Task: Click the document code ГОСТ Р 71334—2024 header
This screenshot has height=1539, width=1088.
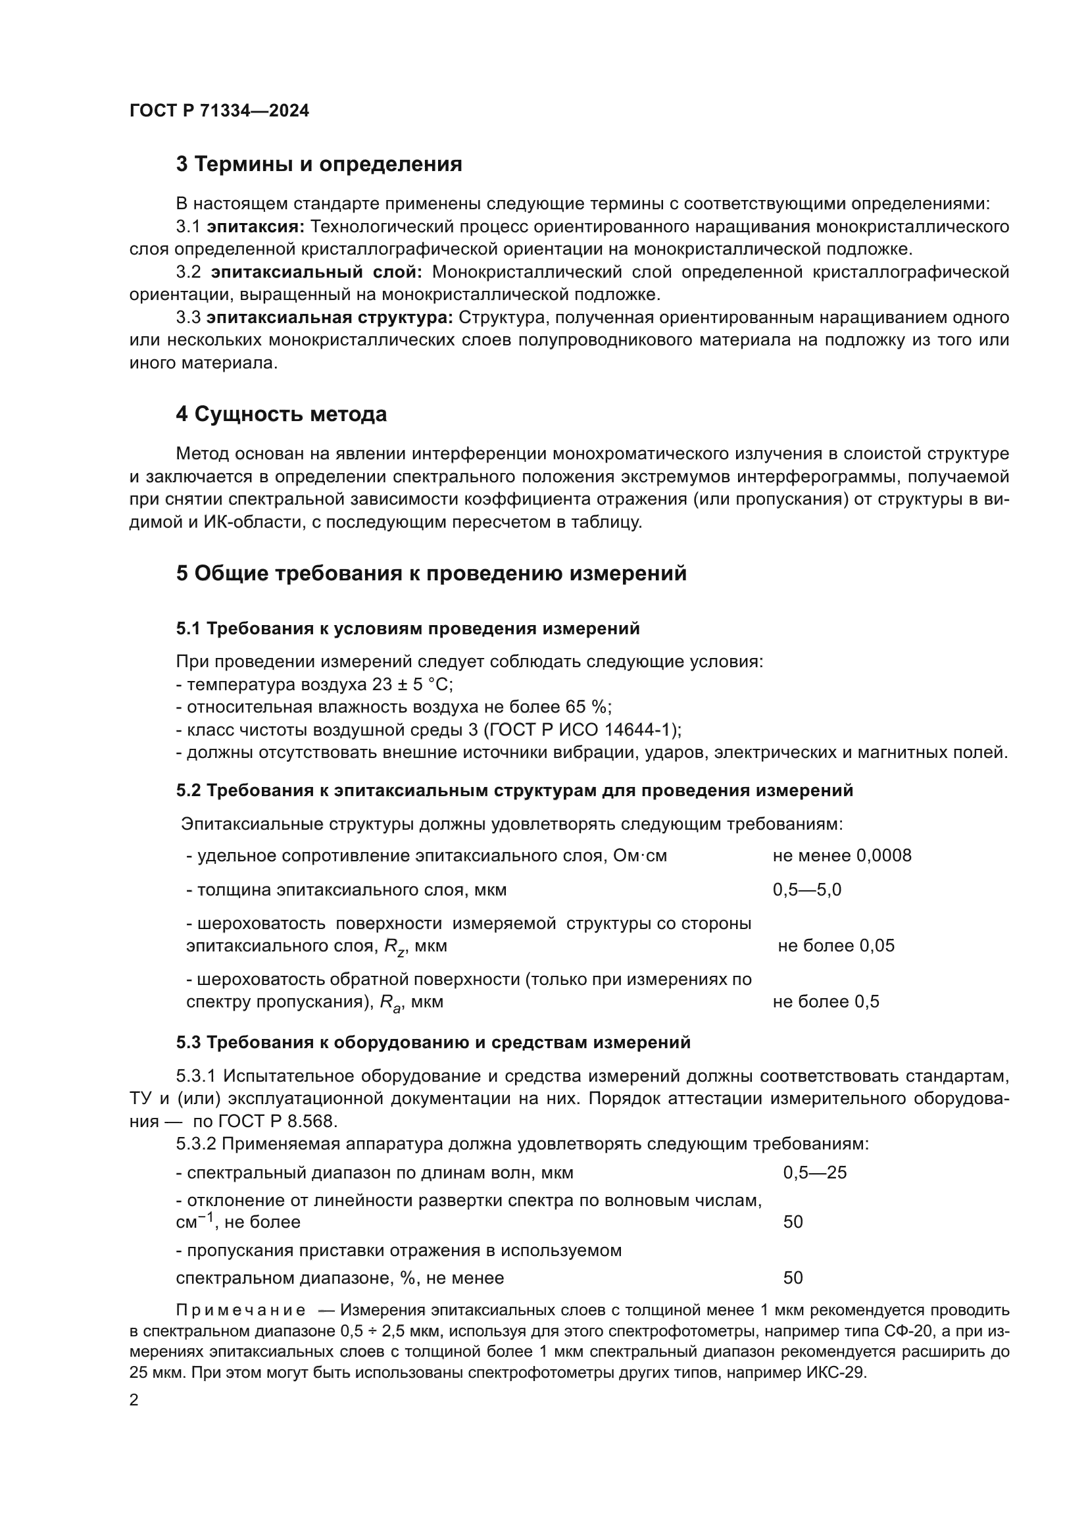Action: [219, 111]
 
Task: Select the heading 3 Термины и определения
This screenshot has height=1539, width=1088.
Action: [319, 164]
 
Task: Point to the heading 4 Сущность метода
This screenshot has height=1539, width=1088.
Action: [282, 415]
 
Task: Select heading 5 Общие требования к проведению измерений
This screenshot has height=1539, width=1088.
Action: [431, 574]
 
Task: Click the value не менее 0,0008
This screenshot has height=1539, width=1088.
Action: [841, 856]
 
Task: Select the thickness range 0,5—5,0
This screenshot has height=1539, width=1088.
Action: [806, 890]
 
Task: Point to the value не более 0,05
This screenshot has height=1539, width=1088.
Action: [835, 946]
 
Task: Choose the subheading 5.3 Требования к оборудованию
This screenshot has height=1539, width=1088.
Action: [433, 1042]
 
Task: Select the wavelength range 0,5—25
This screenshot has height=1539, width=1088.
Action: [814, 1173]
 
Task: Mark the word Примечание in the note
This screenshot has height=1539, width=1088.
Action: [241, 1311]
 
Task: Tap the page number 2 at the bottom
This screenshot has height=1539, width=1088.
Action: [134, 1400]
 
